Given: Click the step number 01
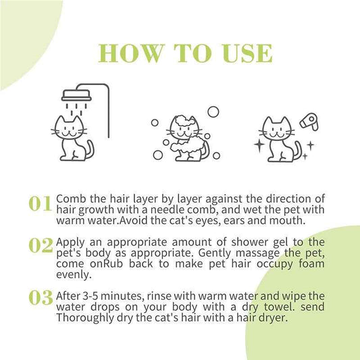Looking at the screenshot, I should (x=41, y=203).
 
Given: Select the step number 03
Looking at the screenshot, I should (x=41, y=297).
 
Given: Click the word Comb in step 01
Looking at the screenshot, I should (x=71, y=199).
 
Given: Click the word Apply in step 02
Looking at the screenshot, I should (x=72, y=242).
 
